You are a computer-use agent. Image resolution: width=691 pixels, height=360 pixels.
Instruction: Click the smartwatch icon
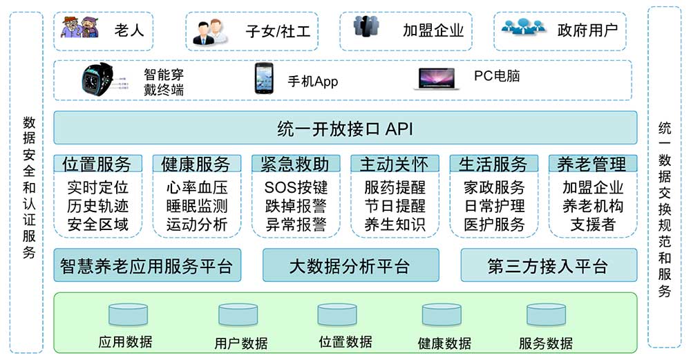point(97,79)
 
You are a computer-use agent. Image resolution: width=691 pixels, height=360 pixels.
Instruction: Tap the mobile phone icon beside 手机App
point(264,78)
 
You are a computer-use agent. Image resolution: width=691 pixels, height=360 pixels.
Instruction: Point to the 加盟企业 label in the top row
point(433,30)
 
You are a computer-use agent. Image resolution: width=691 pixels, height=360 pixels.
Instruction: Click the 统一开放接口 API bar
point(345,129)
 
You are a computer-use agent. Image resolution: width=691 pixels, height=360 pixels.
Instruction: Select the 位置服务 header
point(97,164)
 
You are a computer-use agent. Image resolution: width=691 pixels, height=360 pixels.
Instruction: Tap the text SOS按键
point(296,187)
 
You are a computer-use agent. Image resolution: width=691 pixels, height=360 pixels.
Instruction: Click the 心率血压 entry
point(196,187)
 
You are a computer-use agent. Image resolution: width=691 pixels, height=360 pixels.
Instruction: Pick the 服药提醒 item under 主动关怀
point(395,187)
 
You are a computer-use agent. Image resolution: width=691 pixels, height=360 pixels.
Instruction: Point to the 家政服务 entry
point(494,187)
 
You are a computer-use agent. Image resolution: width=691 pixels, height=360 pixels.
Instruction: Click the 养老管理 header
point(592,164)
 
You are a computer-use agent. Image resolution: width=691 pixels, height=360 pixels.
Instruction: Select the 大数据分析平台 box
point(350,265)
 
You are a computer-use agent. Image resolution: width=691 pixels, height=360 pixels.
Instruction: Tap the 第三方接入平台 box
point(548,265)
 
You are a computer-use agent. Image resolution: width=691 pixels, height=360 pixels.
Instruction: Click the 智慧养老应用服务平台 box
point(146,265)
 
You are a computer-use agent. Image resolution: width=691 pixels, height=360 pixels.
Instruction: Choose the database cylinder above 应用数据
point(128,314)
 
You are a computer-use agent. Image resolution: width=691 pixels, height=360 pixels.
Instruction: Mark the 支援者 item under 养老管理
point(592,224)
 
